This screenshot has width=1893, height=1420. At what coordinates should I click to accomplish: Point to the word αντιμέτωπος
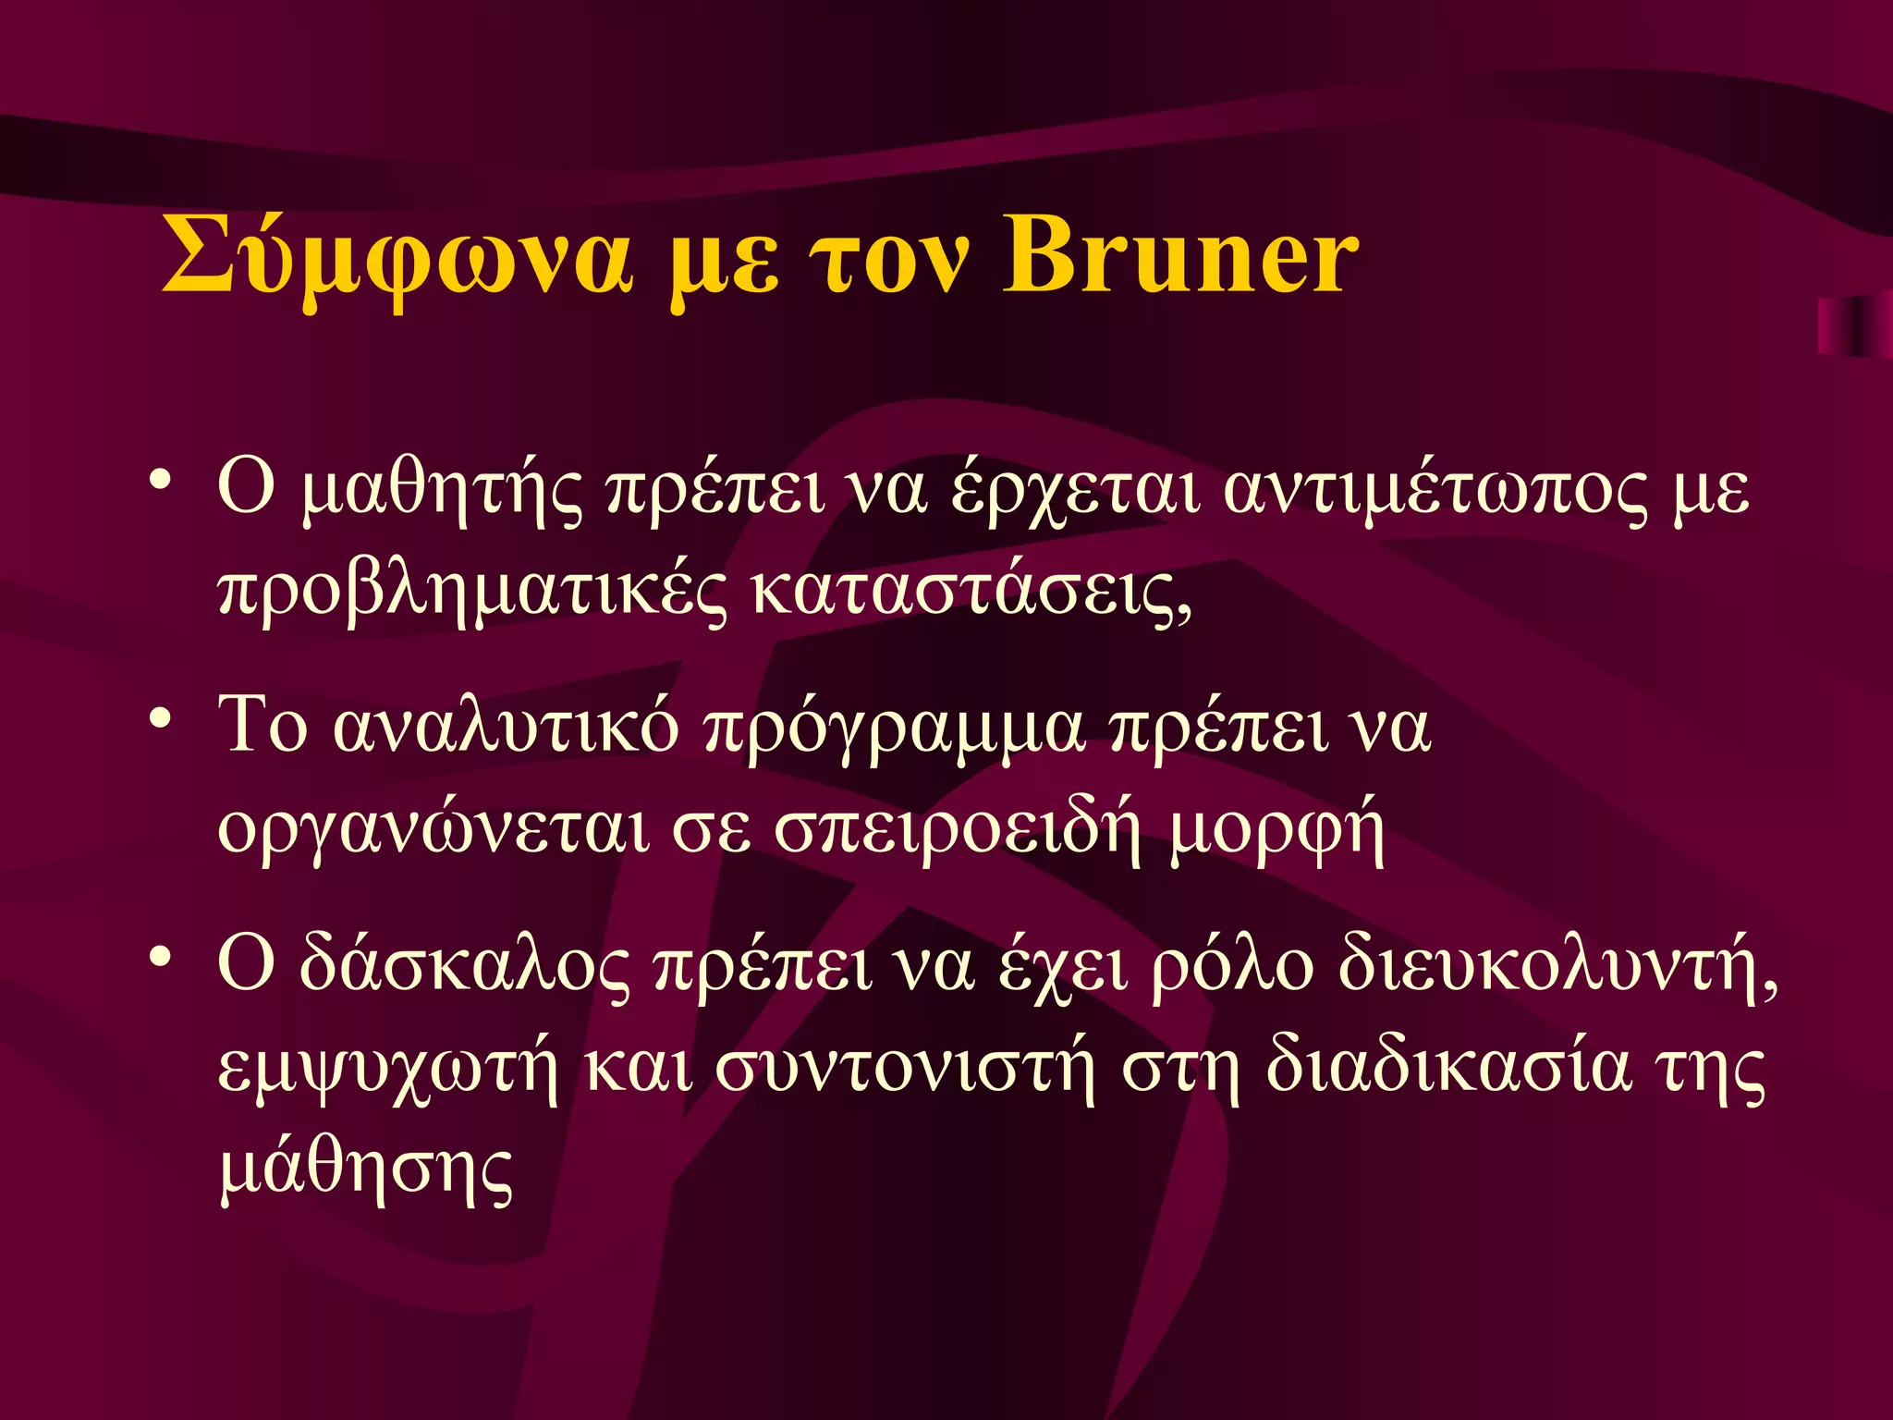coord(1435,491)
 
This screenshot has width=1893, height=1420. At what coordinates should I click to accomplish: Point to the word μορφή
coord(1276,828)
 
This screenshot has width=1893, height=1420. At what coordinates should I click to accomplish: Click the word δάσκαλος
coord(464,965)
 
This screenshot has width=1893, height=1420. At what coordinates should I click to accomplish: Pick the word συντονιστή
coord(906,1068)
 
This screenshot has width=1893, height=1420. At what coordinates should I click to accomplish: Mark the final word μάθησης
coord(366,1169)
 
